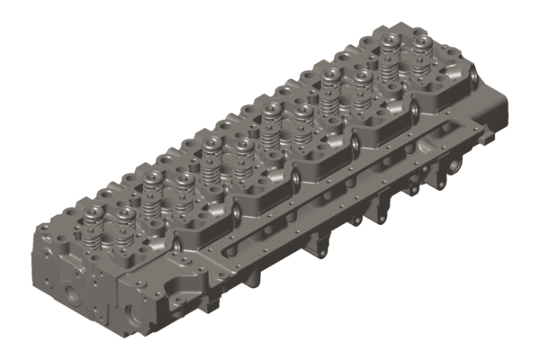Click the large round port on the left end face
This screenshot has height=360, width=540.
[x=70, y=292]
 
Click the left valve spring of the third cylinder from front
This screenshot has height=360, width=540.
[x=211, y=155]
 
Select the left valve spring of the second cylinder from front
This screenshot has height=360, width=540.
[x=151, y=189]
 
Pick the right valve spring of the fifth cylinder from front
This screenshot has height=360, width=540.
[x=360, y=86]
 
